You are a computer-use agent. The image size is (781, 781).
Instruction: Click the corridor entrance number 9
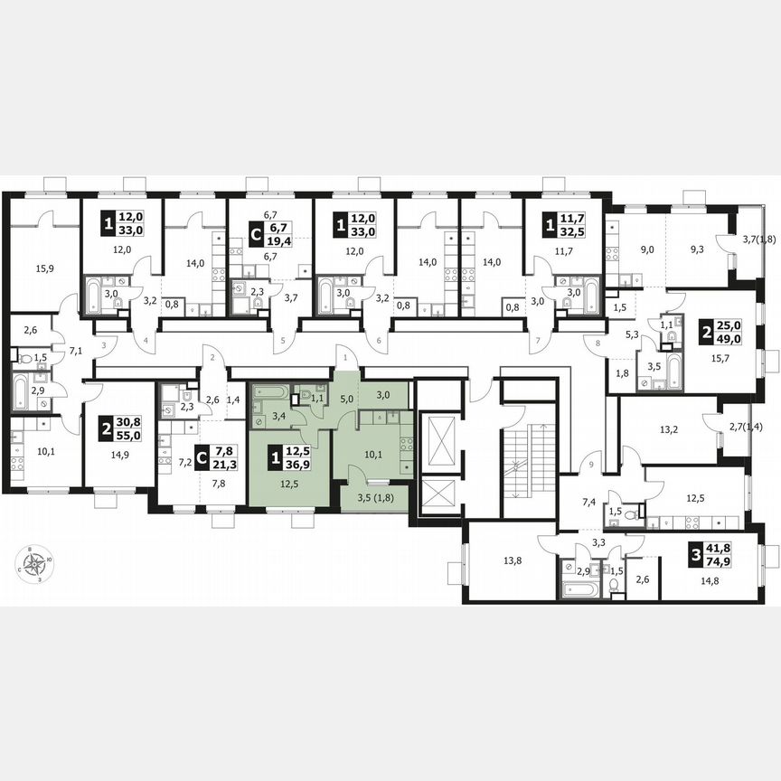click(590, 464)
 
